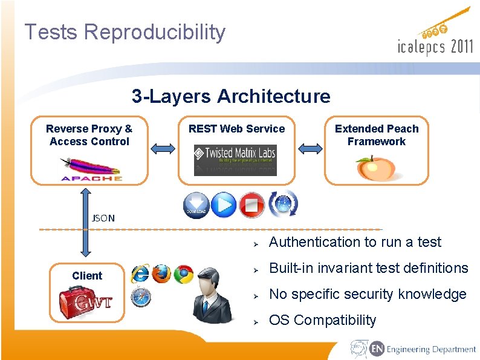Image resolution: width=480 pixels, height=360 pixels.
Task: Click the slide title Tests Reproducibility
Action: (125, 31)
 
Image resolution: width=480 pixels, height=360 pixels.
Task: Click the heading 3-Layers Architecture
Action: (231, 96)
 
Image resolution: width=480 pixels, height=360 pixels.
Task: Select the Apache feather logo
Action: (91, 168)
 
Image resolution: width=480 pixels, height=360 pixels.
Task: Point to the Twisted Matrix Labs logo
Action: (235, 159)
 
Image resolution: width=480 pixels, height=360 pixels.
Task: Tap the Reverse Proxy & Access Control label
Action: (89, 135)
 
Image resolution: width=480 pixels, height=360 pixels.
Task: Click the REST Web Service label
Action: (236, 128)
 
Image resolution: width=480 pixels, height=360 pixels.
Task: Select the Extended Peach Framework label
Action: (376, 135)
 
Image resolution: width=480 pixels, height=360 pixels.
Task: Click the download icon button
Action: (196, 205)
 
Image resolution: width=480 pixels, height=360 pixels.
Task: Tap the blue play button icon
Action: (224, 205)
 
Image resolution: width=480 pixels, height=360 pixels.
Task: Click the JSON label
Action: (103, 218)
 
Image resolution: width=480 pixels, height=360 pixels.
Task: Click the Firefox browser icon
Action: (161, 273)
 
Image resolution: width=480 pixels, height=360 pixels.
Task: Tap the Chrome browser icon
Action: (183, 274)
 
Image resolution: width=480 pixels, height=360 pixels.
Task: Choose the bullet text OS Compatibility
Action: (322, 320)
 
